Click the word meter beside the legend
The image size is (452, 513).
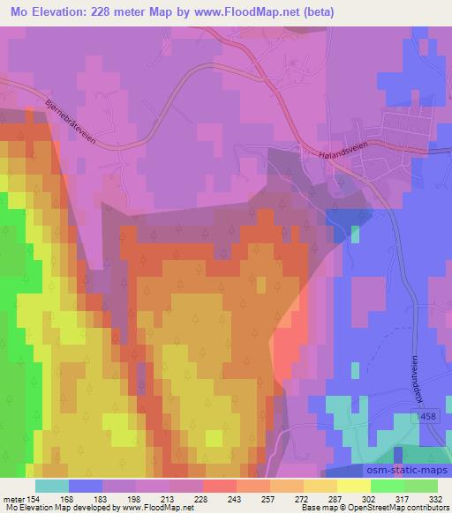(12, 500)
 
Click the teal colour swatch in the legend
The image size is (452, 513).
(51, 486)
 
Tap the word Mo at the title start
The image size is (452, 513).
(16, 13)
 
